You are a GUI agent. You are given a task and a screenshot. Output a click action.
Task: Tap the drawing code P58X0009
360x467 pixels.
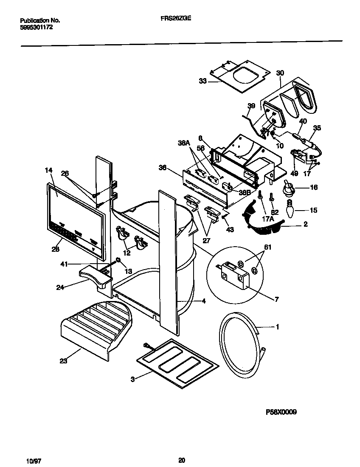(281, 412)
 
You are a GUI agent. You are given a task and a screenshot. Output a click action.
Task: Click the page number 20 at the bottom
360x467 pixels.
(181, 460)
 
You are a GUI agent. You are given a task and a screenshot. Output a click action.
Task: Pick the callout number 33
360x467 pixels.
(203, 81)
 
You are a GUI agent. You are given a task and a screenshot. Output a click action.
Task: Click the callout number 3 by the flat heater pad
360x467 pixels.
(132, 379)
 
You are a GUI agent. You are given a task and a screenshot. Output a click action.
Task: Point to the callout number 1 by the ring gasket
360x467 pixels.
(278, 327)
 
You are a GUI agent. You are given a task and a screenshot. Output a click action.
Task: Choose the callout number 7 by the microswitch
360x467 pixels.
(276, 300)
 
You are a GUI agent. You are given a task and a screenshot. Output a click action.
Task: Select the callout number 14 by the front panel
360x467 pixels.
(48, 170)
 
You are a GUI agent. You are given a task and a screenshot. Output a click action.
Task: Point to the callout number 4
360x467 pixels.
(203, 301)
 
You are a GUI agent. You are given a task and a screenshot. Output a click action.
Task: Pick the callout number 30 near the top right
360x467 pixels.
(280, 73)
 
